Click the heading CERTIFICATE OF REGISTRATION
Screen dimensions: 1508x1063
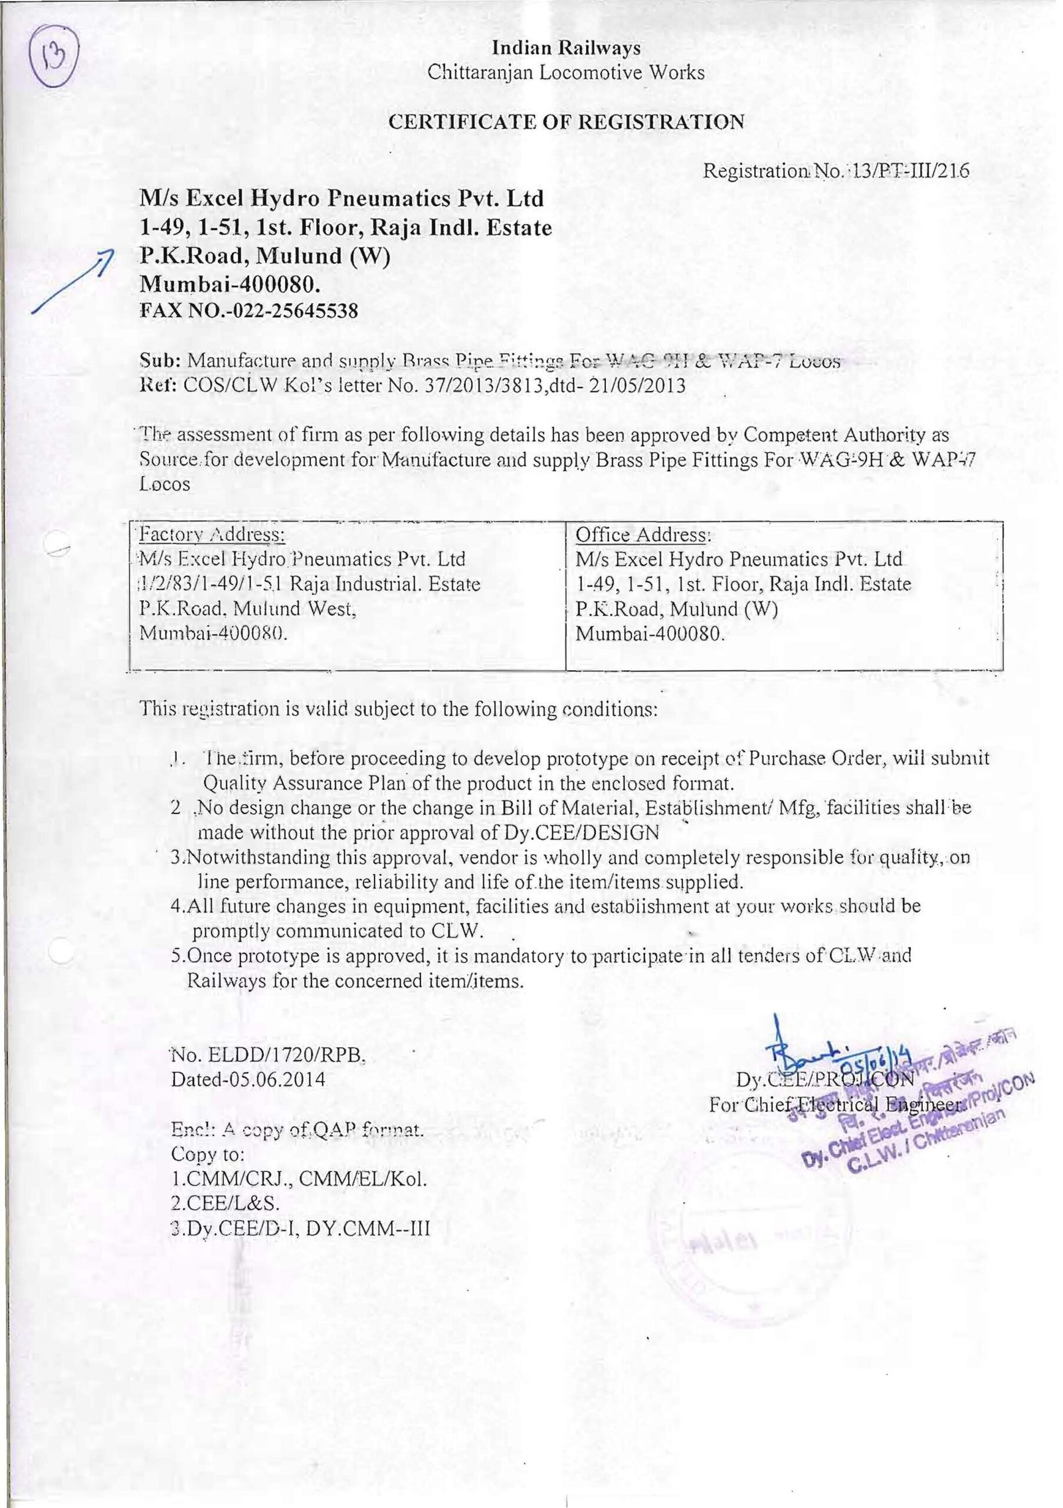click(x=566, y=122)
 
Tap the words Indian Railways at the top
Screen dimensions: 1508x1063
click(x=566, y=48)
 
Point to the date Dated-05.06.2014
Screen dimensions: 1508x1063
click(x=248, y=1078)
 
